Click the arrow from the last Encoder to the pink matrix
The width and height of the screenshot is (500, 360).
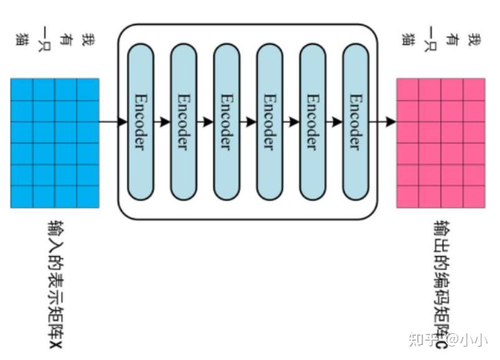pos(382,122)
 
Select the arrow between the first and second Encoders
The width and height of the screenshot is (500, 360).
pos(162,122)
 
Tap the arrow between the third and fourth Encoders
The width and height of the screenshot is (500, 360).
pos(248,122)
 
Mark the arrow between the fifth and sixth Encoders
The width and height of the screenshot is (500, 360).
pos(333,122)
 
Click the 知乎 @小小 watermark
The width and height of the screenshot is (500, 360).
pos(447,339)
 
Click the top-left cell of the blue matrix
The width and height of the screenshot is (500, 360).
pos(22,89)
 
